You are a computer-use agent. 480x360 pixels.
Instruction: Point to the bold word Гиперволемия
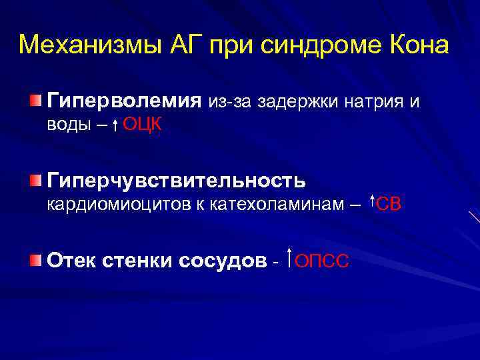123,101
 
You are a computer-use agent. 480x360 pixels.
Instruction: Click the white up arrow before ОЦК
115,125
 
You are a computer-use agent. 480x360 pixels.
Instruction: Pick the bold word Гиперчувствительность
176,181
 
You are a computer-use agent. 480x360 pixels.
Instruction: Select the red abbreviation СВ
389,204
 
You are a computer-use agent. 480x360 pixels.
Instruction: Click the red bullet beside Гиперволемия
35,101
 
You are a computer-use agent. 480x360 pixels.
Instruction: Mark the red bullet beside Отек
35,259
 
